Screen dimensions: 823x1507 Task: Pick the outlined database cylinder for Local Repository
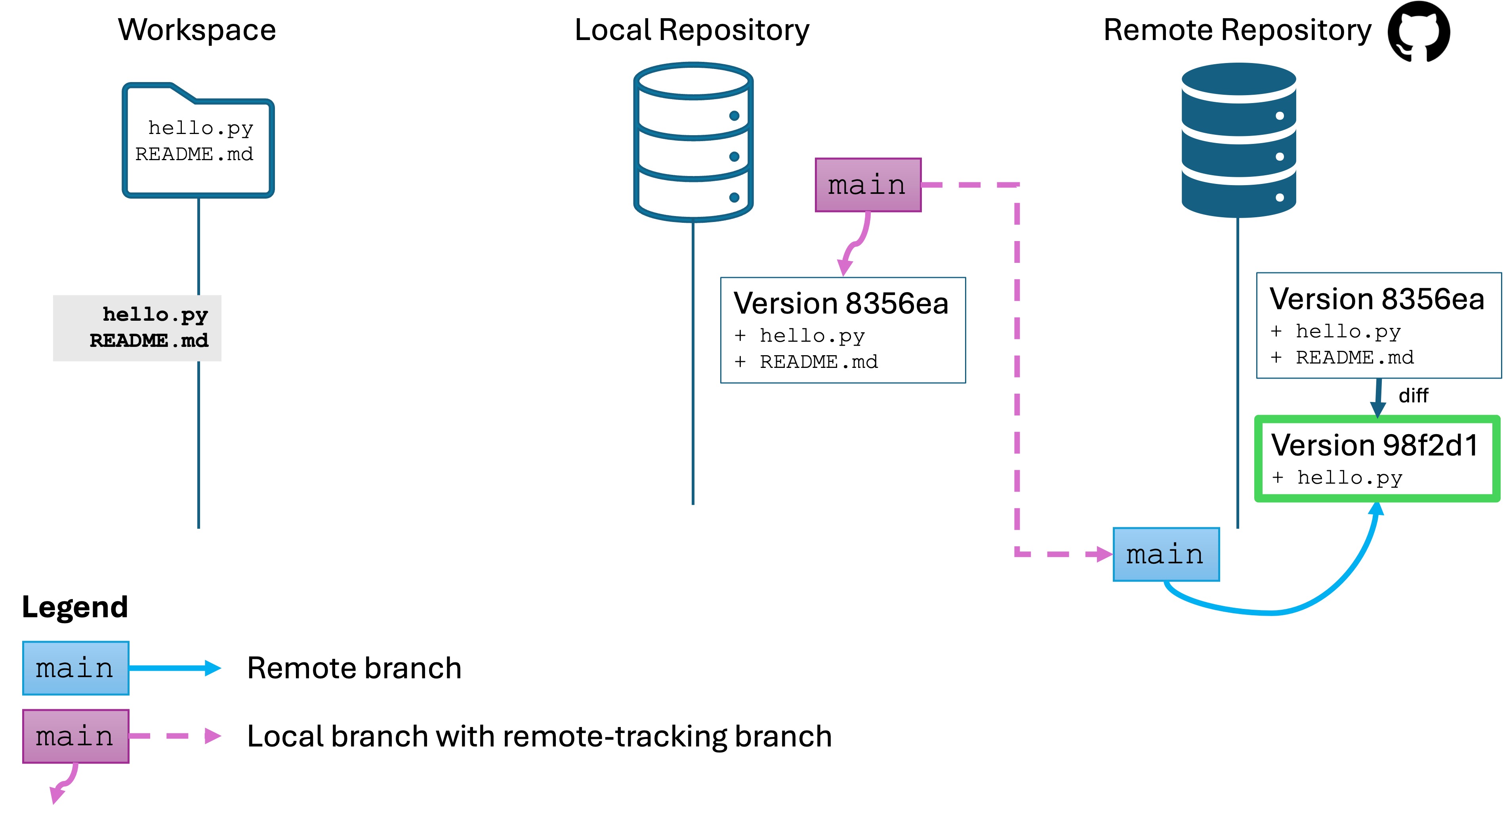[x=693, y=142]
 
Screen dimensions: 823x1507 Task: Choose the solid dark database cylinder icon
[x=1238, y=140]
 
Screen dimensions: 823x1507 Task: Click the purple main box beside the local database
[x=868, y=185]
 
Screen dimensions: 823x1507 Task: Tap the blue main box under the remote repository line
[x=1166, y=554]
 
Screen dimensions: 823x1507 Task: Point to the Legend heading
[x=75, y=607]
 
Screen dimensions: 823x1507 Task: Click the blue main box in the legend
[x=75, y=668]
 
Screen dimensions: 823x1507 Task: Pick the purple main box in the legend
[x=75, y=736]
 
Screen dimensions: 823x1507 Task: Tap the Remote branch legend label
[x=354, y=668]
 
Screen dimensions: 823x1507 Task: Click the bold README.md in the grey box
[x=149, y=341]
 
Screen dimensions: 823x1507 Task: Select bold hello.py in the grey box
[x=155, y=314]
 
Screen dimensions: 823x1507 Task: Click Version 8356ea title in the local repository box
[x=841, y=303]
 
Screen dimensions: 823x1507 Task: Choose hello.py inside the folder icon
[x=201, y=128]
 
